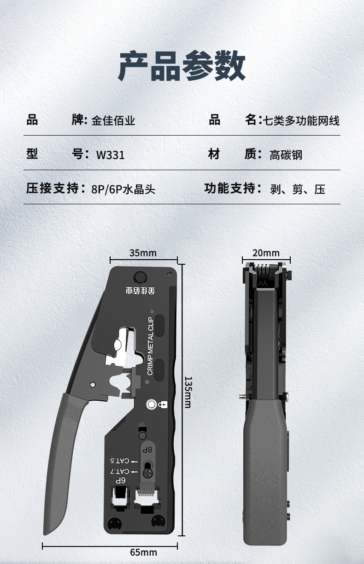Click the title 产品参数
182,66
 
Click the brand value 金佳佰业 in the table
113,121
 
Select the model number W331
110,154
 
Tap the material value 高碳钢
286,154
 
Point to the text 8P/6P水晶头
123,189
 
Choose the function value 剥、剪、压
298,189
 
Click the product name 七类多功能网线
301,121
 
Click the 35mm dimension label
143,253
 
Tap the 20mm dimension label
266,253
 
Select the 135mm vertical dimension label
188,392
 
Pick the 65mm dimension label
143,552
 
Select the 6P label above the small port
120,481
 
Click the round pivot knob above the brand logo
140,277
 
